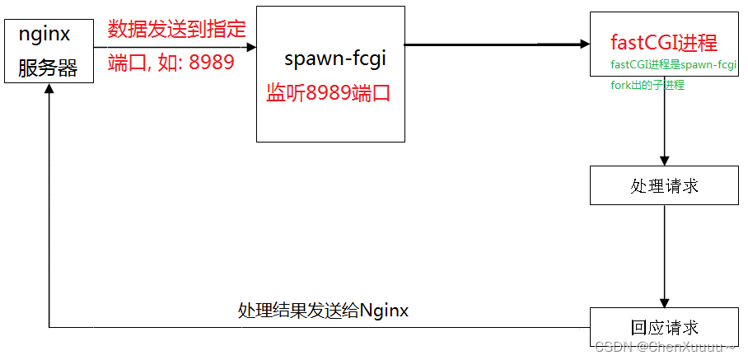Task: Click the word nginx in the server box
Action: point(44,35)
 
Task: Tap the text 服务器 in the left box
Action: point(48,68)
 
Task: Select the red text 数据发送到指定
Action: point(177,30)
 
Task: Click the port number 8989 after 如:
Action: point(212,63)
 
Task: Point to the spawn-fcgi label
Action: point(334,58)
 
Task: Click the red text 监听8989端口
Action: point(328,93)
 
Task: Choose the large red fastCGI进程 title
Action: point(664,43)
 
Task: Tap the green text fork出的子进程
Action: point(647,85)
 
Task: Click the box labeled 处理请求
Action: point(664,185)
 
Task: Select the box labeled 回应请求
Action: point(664,327)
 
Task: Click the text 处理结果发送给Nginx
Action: point(324,311)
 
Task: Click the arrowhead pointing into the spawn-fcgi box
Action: point(250,47)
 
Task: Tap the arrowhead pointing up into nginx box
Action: point(49,89)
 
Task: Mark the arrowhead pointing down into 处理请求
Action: point(664,160)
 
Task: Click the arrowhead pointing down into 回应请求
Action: point(664,302)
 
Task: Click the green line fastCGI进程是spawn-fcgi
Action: point(674,65)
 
